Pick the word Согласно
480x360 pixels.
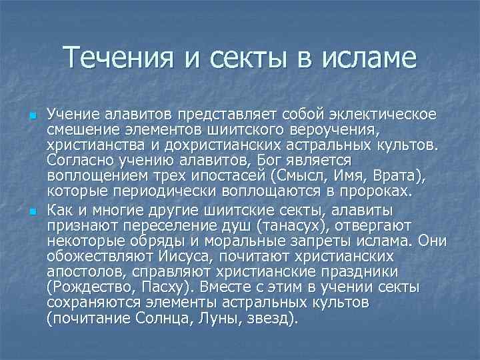click(75, 161)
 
